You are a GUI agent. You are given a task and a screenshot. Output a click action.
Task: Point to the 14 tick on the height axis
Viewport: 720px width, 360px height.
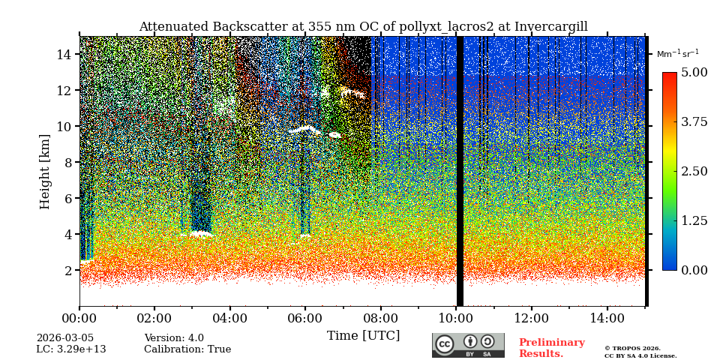point(64,54)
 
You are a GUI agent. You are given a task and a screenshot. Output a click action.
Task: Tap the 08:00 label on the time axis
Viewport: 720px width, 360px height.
point(381,318)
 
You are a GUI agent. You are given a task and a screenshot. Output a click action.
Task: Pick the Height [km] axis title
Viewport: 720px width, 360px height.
point(45,171)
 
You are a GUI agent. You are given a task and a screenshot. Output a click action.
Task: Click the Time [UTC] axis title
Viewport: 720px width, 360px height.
point(363,335)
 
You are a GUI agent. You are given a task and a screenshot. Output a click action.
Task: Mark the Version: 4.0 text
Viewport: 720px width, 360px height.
point(174,338)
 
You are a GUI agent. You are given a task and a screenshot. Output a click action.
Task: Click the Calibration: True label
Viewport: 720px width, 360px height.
point(187,349)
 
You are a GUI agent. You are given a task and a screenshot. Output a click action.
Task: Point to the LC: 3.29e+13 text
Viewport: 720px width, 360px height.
point(71,349)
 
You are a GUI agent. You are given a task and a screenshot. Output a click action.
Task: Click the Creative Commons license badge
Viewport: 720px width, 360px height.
point(468,345)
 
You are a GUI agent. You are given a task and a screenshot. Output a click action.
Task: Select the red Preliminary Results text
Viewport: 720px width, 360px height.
point(551,348)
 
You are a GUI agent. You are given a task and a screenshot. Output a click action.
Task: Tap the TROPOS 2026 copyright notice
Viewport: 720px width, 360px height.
point(632,348)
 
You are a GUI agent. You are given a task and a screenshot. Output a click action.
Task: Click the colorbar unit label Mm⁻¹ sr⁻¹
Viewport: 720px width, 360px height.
point(677,54)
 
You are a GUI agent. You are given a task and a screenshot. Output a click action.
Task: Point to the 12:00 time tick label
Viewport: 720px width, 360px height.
point(532,318)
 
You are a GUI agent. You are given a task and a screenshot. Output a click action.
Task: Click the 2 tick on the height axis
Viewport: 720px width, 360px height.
point(67,270)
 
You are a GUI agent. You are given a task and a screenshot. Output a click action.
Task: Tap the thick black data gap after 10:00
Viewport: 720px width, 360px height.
point(460,171)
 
